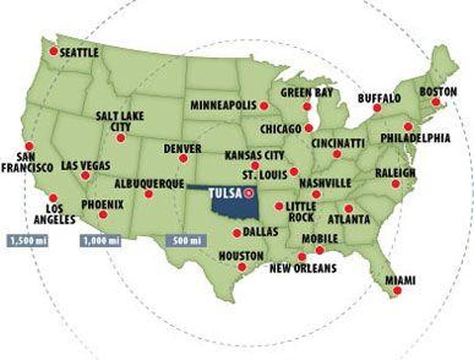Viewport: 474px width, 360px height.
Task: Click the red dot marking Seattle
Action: [53, 51]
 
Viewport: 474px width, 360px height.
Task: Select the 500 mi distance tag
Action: [186, 240]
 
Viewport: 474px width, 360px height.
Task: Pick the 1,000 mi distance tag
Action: [100, 240]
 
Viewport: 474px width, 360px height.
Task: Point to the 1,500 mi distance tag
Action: [27, 240]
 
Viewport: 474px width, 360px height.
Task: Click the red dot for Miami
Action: [397, 290]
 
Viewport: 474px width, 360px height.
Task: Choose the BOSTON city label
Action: [438, 92]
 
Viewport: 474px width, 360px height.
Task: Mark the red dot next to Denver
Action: [183, 158]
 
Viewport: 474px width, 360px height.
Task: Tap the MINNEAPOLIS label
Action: [223, 105]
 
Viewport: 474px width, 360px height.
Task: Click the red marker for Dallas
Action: [236, 233]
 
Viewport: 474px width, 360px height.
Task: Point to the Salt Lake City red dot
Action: [121, 137]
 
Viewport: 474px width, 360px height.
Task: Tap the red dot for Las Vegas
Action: [85, 176]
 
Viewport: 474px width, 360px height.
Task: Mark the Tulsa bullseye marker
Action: [249, 193]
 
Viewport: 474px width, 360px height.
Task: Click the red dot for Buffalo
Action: [377, 107]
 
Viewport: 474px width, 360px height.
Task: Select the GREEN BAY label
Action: [307, 93]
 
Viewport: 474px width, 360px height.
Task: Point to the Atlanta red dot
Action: [348, 208]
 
